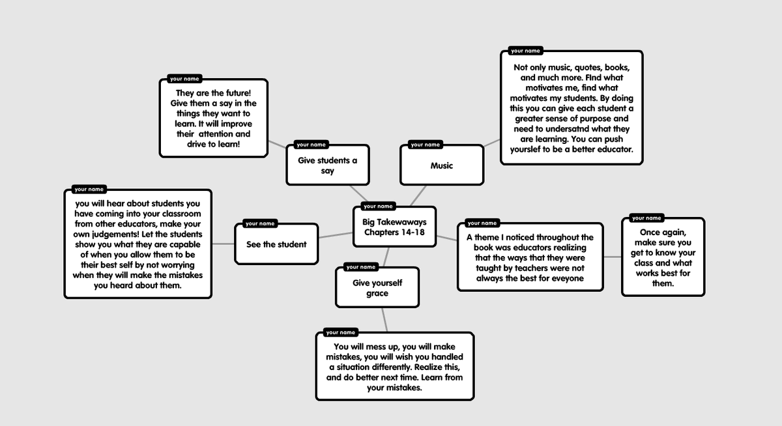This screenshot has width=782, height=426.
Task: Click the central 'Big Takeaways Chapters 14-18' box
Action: pos(394,227)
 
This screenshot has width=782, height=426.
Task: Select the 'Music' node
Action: pos(442,165)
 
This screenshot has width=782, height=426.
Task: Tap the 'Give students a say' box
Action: pos(327,165)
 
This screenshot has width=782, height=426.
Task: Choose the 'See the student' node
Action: pos(276,244)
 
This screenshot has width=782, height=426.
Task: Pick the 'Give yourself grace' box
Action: pos(377,287)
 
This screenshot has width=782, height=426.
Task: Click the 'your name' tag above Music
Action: pos(425,145)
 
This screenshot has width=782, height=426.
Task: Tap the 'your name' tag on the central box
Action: pos(378,206)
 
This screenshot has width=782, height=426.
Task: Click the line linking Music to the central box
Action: pos(418,195)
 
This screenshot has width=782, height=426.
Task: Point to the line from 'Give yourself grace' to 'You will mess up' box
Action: pos(384,320)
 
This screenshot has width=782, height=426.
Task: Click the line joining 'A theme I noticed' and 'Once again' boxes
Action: pos(613,257)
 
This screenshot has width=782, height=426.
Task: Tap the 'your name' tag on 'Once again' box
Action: pos(646,218)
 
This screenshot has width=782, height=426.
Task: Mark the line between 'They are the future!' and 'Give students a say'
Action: pos(277,144)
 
